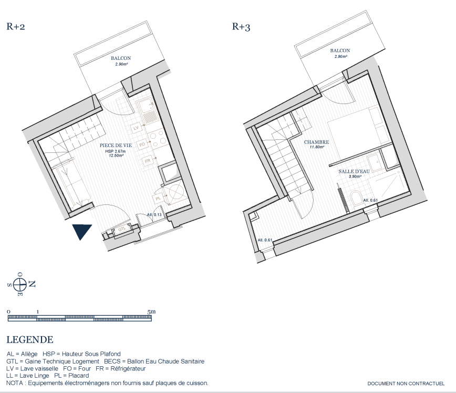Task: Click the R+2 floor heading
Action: [x=16, y=26]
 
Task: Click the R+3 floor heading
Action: [x=241, y=27]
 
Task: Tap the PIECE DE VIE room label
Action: [x=116, y=145]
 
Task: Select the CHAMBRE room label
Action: [x=316, y=142]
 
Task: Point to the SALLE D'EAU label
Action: [x=354, y=171]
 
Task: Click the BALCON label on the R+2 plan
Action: [x=121, y=58]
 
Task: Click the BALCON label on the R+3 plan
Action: [x=340, y=50]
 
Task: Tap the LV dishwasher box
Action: [x=136, y=128]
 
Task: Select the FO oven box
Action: [x=142, y=144]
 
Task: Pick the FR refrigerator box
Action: [x=148, y=161]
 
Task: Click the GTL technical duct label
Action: [x=122, y=229]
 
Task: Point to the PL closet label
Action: [x=158, y=199]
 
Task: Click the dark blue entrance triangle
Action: [x=82, y=231]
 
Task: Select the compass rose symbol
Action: [x=20, y=284]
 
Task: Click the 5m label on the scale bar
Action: [x=151, y=312]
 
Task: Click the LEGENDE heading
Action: [x=30, y=339]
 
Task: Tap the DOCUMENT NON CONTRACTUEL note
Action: [x=406, y=384]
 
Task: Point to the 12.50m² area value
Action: [x=116, y=156]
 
